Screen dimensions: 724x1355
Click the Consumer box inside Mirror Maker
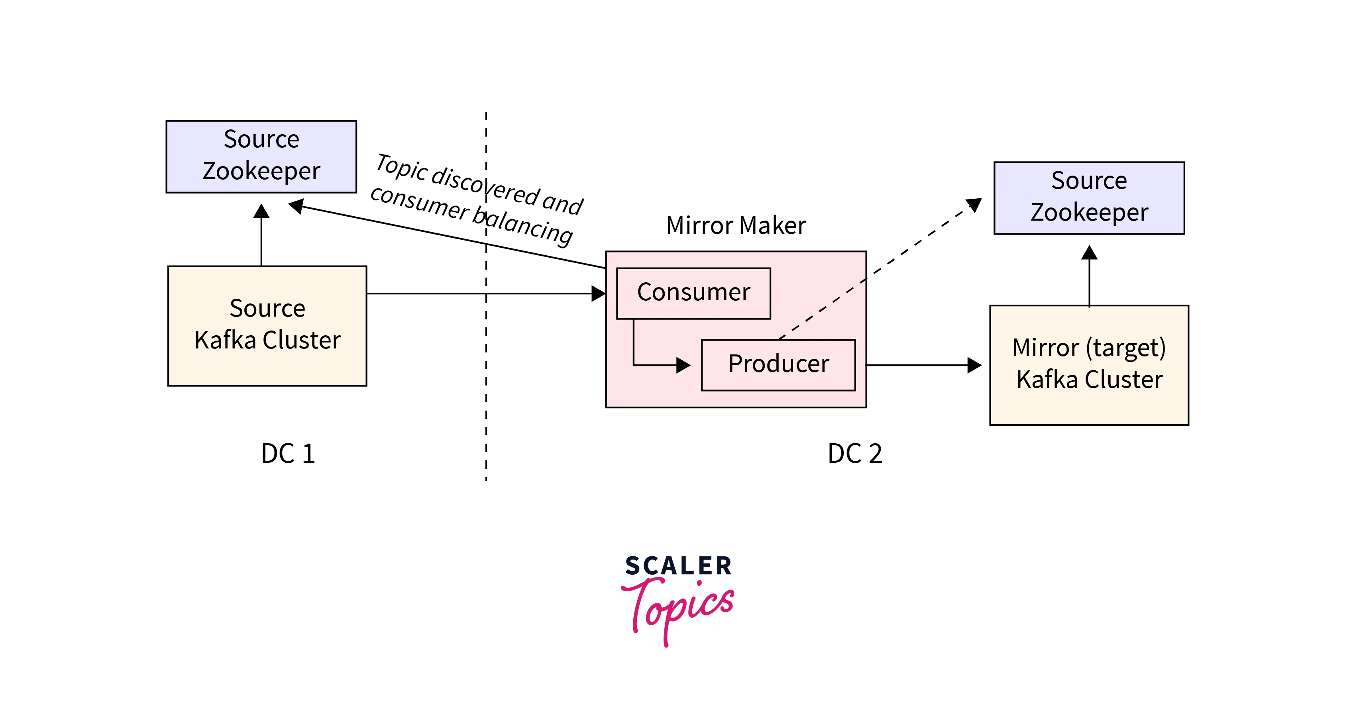(693, 293)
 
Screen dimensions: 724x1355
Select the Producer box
(778, 364)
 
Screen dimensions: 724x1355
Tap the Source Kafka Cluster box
(267, 325)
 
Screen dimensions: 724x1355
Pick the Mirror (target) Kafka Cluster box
(1089, 364)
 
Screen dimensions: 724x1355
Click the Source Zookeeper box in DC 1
(261, 156)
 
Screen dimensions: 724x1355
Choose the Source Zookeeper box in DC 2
(1089, 197)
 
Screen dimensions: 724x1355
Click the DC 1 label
(288, 453)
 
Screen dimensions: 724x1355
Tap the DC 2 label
(855, 453)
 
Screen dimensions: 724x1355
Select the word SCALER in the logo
(678, 566)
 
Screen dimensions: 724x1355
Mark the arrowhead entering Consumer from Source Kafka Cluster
(598, 294)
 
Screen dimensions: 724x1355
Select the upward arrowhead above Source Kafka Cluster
(261, 211)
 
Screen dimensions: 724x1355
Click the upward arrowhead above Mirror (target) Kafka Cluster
(1089, 253)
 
